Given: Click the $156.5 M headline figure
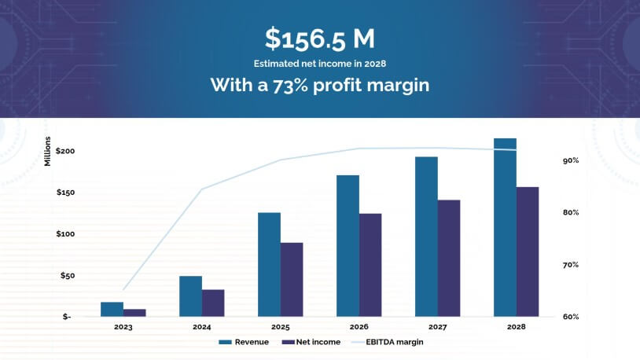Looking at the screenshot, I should [319, 39].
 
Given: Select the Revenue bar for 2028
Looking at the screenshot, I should [505, 227].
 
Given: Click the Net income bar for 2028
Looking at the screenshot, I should [528, 252].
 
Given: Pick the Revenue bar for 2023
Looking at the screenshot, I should [112, 309].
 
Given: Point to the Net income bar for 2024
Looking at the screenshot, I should [213, 303].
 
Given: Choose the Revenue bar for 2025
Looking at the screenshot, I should [269, 264].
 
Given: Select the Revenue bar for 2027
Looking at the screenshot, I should [426, 237].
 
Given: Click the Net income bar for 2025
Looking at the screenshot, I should [292, 279].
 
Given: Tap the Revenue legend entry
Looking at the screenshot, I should [244, 342].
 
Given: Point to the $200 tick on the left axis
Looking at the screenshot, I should [65, 151].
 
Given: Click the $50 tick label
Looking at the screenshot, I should [68, 276].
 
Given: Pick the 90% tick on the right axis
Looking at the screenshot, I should [571, 160].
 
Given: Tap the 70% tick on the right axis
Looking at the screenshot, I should [571, 265].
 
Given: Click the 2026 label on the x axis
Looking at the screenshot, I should [359, 327].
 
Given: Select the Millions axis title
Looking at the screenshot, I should [48, 152].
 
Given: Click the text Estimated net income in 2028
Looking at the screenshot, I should [319, 64].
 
